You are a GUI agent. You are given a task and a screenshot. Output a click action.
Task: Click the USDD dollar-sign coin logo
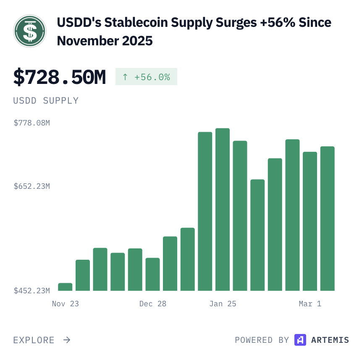pyautogui.click(x=30, y=31)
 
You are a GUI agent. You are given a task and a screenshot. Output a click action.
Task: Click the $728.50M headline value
pyautogui.click(x=60, y=77)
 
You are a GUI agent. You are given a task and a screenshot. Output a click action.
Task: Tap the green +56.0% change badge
pyautogui.click(x=146, y=77)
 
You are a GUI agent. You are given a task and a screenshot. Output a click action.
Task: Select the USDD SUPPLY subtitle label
pyautogui.click(x=46, y=101)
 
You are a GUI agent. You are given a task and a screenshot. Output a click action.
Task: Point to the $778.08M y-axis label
pyautogui.click(x=32, y=123)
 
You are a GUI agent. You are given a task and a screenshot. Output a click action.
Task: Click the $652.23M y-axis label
pyautogui.click(x=32, y=186)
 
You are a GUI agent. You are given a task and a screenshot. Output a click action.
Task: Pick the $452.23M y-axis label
pyautogui.click(x=32, y=291)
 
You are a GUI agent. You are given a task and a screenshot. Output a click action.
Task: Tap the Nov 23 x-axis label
pyautogui.click(x=66, y=304)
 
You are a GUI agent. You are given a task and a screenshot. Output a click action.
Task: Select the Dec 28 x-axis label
pyautogui.click(x=153, y=304)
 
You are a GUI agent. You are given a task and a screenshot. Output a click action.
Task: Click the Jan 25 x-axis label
pyautogui.click(x=223, y=304)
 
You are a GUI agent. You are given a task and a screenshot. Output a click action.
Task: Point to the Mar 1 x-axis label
pyautogui.click(x=310, y=304)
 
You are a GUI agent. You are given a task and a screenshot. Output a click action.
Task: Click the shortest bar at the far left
pyautogui.click(x=65, y=287)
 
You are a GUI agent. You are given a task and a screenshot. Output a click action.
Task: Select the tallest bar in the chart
pyautogui.click(x=223, y=210)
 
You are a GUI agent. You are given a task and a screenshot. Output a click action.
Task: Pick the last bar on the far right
pyautogui.click(x=328, y=218)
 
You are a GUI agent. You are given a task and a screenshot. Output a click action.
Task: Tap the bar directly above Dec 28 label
pyautogui.click(x=153, y=274)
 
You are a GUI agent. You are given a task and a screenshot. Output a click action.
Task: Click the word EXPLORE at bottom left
pyautogui.click(x=34, y=340)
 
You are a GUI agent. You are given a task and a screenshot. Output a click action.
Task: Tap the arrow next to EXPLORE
pyautogui.click(x=67, y=340)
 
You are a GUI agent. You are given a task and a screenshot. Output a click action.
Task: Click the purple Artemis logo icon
pyautogui.click(x=300, y=340)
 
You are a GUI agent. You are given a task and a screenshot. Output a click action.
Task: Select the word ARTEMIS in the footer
pyautogui.click(x=330, y=340)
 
